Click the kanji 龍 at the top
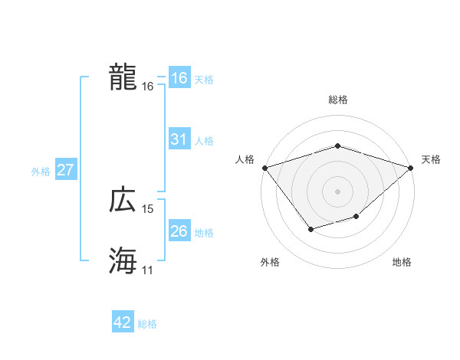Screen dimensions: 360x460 pos(123,77)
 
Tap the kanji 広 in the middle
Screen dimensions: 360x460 pos(123,200)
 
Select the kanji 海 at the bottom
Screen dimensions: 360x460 pos(123,261)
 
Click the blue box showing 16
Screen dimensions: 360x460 pos(179,78)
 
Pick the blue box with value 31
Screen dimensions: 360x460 pos(179,139)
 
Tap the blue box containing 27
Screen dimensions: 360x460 pos(65,170)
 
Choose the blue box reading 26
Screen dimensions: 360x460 pos(179,231)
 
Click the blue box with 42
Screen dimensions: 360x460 pos(123,322)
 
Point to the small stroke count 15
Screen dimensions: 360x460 pos(148,209)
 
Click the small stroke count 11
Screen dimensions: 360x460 pos(148,270)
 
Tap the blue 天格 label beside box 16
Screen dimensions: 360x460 pos(204,80)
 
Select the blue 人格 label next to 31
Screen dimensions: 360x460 pos(204,141)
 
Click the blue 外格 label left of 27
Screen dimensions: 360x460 pos(41,172)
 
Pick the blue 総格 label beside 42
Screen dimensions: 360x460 pos(147,324)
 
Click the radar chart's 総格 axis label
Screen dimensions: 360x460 pos(337,100)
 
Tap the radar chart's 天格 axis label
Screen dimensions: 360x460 pos(432,159)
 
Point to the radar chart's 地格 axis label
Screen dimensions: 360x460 pos(402,262)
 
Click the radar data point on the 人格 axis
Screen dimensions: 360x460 pos(264,167)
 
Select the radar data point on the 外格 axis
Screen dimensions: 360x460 pos(310,229)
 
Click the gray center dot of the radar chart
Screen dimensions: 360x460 pos(337,191)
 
